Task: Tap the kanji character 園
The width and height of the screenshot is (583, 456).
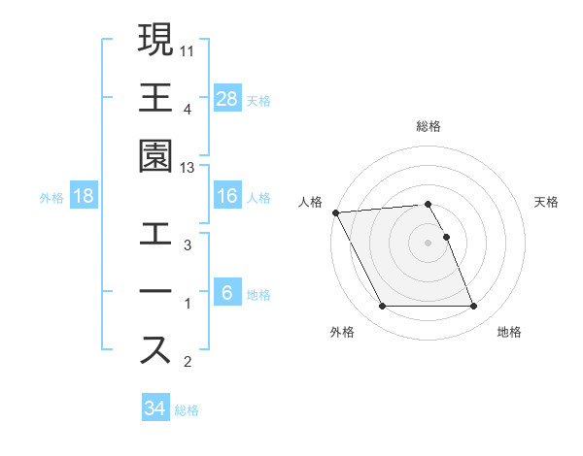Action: tap(155, 156)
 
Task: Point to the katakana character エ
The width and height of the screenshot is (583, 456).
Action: tap(155, 235)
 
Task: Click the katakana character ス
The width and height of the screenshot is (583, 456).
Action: tap(155, 350)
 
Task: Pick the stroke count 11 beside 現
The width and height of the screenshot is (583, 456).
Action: tap(189, 49)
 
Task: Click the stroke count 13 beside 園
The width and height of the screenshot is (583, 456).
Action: tap(189, 168)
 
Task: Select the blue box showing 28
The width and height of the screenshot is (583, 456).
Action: tap(227, 98)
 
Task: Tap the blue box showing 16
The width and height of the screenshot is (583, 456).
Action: tap(227, 196)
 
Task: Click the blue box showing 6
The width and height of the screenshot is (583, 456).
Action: tap(227, 293)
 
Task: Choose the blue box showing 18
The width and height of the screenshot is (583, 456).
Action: tap(84, 196)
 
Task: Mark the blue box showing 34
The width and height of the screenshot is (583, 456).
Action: tap(154, 408)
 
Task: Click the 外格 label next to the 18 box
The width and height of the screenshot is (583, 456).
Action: tap(51, 197)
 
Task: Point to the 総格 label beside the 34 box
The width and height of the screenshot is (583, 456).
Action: tap(187, 409)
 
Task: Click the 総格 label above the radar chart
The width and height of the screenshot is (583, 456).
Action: tap(429, 126)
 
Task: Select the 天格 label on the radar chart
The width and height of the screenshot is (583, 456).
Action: tap(546, 202)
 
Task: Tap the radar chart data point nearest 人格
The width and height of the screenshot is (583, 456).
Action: tap(335, 212)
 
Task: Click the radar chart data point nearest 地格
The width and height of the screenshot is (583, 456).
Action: tap(474, 307)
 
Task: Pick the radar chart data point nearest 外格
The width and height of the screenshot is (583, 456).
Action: tap(382, 307)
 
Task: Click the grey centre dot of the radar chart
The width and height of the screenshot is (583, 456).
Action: tap(429, 243)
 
